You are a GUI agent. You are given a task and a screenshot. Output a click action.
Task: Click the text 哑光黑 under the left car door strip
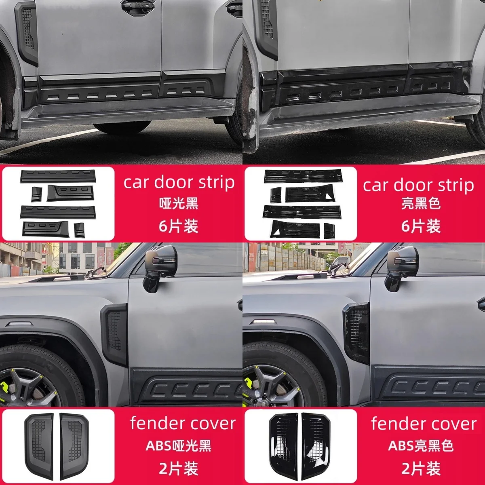click(x=178, y=204)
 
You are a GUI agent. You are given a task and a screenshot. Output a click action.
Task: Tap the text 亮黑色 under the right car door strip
click(x=421, y=204)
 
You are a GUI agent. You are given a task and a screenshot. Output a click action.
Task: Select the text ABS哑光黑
click(x=178, y=445)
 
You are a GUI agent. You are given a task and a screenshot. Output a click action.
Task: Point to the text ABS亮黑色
click(x=421, y=445)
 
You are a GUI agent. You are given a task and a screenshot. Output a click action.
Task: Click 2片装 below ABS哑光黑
click(x=178, y=469)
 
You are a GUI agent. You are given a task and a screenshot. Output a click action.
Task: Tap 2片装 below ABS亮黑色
click(x=421, y=469)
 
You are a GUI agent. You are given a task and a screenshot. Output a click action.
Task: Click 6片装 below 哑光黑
click(x=178, y=226)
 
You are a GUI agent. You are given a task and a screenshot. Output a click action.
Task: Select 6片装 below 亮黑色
click(x=421, y=226)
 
